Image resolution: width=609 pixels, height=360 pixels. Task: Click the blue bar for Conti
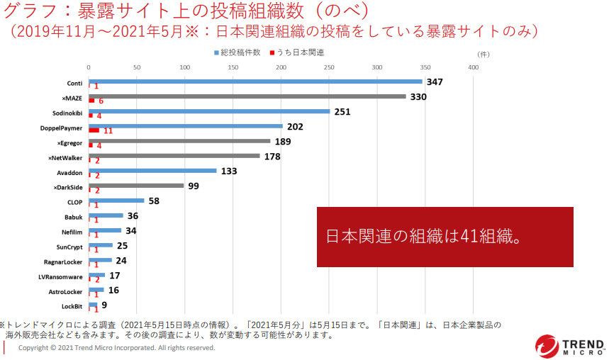point(255,81)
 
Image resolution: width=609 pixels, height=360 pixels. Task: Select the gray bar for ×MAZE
point(247,96)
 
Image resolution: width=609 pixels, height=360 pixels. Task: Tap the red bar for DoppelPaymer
point(94,130)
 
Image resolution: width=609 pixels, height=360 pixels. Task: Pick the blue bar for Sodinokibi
point(209,111)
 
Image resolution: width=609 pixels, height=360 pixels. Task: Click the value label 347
point(435,82)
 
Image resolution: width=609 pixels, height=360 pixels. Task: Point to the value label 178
point(272,157)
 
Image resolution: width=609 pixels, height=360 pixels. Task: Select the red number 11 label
point(108,131)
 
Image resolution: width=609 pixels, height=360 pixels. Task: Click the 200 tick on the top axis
point(281,67)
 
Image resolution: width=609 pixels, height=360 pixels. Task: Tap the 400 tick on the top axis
point(473,67)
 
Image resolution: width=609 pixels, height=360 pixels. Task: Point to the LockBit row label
point(72,306)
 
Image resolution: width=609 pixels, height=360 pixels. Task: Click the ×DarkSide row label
point(68,187)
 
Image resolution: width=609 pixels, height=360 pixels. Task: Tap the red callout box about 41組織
point(445,237)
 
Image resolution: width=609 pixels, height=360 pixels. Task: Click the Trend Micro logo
point(570,345)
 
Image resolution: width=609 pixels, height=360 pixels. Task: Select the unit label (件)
point(484,53)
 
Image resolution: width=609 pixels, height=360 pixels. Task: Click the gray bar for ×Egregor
point(179,141)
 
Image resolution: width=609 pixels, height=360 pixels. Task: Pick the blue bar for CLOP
point(116,201)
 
